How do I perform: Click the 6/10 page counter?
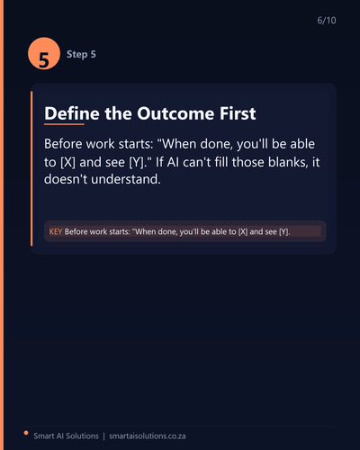coord(327,21)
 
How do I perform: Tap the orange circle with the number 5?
coord(44,53)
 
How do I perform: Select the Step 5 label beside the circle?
coord(81,54)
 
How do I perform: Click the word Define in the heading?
coord(72,113)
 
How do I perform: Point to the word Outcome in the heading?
coord(175,113)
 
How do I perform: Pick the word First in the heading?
coord(238,113)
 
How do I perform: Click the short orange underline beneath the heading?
coord(64,124)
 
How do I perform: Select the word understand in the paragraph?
coord(125,179)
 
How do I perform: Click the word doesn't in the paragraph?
coord(66,179)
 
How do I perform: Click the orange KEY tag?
coord(56,231)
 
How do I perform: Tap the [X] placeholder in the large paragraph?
coord(67,162)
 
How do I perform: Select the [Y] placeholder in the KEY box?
coord(284,231)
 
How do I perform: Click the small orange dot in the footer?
coord(26,433)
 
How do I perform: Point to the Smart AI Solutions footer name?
coord(66,436)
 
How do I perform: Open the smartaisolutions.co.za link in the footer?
coord(148,436)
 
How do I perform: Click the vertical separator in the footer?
coord(103,436)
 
